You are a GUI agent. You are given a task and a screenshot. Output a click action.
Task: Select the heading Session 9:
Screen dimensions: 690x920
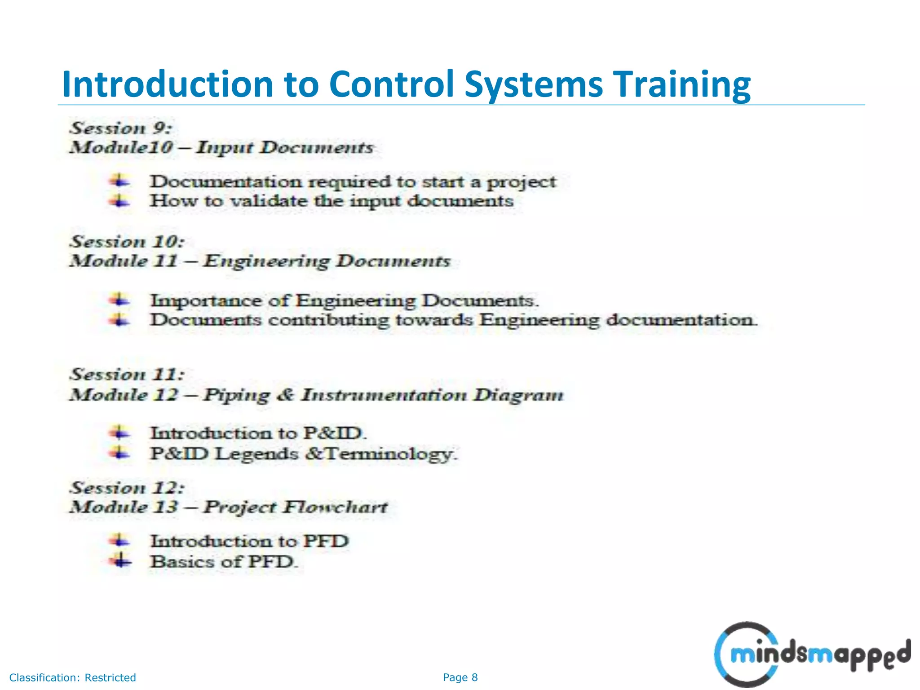coord(120,128)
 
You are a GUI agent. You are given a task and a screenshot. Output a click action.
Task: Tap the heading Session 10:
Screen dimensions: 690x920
coord(127,242)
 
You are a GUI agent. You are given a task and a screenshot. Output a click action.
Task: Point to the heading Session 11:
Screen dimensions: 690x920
coord(127,375)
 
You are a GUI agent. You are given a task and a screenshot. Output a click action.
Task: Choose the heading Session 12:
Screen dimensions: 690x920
coord(127,488)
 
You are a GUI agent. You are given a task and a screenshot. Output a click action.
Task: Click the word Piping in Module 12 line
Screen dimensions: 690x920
coord(236,395)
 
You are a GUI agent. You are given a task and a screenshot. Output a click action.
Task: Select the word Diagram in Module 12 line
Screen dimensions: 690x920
coord(518,395)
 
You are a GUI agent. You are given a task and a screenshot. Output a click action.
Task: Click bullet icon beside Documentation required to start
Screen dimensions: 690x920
coord(119,181)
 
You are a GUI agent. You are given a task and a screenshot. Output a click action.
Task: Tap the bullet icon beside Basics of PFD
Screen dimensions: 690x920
coord(119,561)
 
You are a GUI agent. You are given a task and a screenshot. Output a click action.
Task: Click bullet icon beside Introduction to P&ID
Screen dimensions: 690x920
coord(119,433)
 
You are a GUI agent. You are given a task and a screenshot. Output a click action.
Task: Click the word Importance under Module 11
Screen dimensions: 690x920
coord(206,301)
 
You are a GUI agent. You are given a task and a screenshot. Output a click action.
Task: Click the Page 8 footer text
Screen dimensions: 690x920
coord(460,677)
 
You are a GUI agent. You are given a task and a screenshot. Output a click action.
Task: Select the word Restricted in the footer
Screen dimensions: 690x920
coord(110,677)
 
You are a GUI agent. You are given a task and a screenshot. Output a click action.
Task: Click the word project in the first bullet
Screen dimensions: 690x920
coord(522,182)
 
